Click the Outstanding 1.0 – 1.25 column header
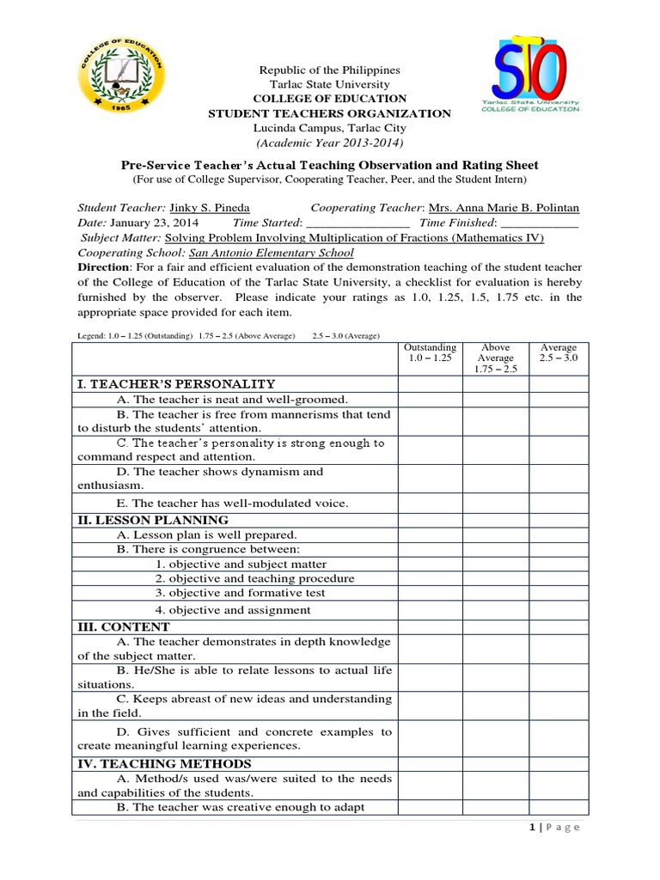430,353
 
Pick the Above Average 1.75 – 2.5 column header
496,358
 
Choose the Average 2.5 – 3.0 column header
559,353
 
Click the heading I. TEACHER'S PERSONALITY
176,383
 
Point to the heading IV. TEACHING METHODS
164,763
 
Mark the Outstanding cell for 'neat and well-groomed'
430,399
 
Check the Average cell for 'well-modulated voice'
559,503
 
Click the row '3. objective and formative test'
241,593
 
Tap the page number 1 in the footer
535,828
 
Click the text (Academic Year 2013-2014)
330,142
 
